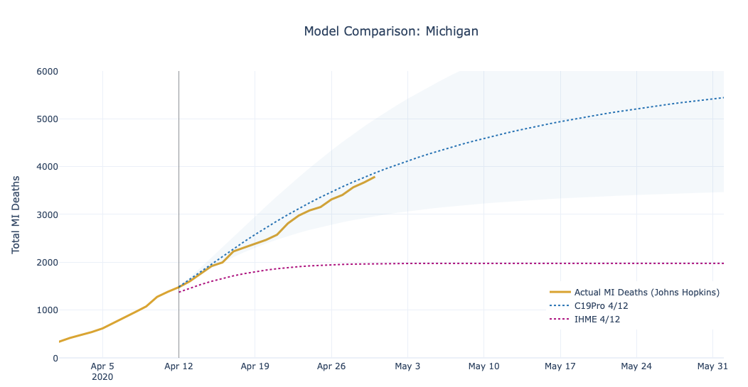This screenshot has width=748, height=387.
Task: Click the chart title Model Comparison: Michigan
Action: point(391,31)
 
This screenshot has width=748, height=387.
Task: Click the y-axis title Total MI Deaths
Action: point(16,214)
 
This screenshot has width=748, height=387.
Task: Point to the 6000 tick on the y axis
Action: point(47,71)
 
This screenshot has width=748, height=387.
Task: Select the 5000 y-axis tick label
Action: point(47,119)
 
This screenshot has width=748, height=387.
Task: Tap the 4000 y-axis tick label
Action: point(47,167)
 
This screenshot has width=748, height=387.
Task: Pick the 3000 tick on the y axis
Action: point(47,214)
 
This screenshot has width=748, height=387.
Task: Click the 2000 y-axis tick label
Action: point(47,263)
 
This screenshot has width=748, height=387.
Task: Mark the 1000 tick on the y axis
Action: point(47,310)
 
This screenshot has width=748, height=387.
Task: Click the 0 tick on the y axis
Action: point(54,358)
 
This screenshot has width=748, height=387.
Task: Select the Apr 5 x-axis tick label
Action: point(103,367)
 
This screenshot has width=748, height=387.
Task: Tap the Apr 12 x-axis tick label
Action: point(178,367)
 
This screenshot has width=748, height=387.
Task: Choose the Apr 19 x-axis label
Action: point(255,367)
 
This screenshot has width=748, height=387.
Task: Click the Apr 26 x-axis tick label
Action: point(331,367)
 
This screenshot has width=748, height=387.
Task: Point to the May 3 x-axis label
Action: point(407,367)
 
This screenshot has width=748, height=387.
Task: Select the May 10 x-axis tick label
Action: point(483,367)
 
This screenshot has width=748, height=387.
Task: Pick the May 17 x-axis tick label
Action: point(560,367)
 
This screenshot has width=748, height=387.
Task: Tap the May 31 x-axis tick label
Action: point(712,367)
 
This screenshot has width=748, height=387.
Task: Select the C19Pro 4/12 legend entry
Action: point(601,306)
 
